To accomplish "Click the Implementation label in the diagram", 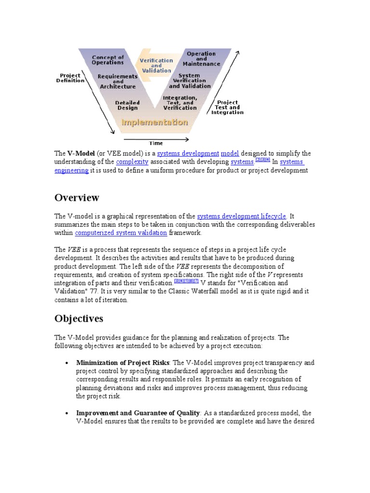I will point(154,122).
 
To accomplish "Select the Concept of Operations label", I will point(108,60).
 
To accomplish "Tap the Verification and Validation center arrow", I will point(156,65).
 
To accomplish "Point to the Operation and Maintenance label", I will point(201,59).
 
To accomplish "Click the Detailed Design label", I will point(128,105).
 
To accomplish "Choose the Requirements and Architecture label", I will point(118,81).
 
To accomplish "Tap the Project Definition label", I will point(70,78).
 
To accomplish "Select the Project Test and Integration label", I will point(227,107).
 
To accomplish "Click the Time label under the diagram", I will point(156,143).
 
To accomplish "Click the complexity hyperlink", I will point(132,162).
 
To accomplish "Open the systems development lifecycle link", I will point(241,216).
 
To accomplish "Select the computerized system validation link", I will point(121,233).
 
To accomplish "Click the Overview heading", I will point(77,198).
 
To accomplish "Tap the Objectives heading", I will point(79,319).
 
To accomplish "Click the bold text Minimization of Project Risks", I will point(123,363).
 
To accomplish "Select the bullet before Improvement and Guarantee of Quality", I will point(66,414).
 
